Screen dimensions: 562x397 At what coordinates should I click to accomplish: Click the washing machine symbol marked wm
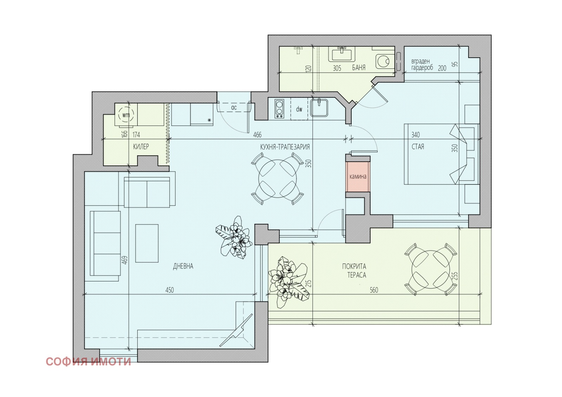point(126,115)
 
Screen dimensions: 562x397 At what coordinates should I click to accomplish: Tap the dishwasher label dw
point(299,109)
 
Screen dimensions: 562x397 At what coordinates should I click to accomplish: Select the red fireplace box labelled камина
point(358,177)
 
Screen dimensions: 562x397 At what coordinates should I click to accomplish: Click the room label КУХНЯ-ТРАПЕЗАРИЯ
point(285,147)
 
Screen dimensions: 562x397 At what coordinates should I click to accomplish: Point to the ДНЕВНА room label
point(183,266)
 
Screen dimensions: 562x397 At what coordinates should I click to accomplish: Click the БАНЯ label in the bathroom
point(359,67)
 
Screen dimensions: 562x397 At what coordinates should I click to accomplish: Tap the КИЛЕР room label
point(141,146)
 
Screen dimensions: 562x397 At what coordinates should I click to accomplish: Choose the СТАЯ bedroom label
point(418,147)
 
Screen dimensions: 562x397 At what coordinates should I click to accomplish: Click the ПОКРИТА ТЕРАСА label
point(354,271)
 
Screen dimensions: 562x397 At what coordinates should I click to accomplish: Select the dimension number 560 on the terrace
point(374,290)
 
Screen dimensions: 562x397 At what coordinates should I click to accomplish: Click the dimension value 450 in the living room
point(170,290)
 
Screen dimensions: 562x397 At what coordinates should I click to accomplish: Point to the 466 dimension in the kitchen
point(257,135)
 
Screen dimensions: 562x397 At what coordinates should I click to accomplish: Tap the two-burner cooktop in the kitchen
point(279,109)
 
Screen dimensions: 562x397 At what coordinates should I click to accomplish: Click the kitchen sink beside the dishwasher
point(319,108)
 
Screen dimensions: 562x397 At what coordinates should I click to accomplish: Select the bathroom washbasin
point(341,54)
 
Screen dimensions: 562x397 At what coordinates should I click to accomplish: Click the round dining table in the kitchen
point(277,179)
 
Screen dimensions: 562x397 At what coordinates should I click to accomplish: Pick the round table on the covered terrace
point(431,269)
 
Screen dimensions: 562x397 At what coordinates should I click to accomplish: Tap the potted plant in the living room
point(234,237)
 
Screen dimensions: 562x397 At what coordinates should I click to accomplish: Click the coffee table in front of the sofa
point(147,243)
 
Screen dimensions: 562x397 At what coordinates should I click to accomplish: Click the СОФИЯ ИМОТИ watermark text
point(88,362)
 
